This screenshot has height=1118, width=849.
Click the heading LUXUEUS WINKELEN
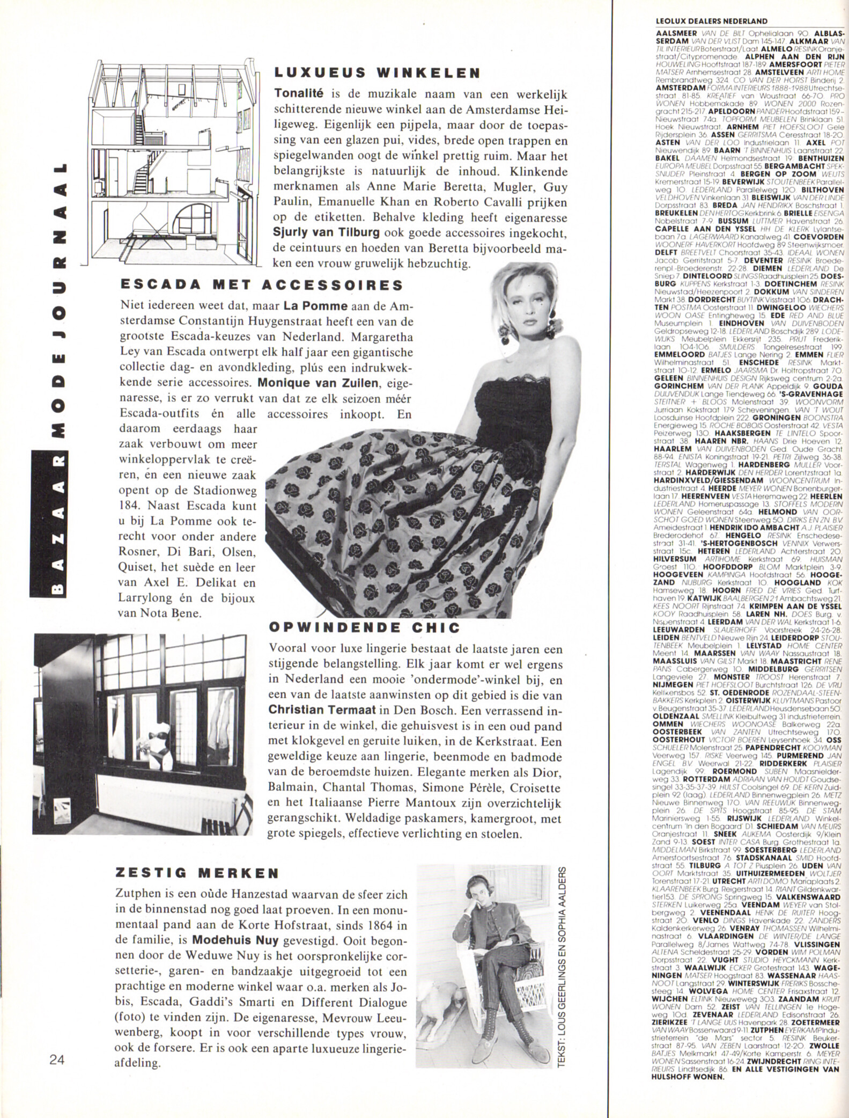(376, 72)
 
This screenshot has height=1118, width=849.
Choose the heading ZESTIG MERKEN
(197, 873)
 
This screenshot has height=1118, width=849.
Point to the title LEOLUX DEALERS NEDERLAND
(711, 21)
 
